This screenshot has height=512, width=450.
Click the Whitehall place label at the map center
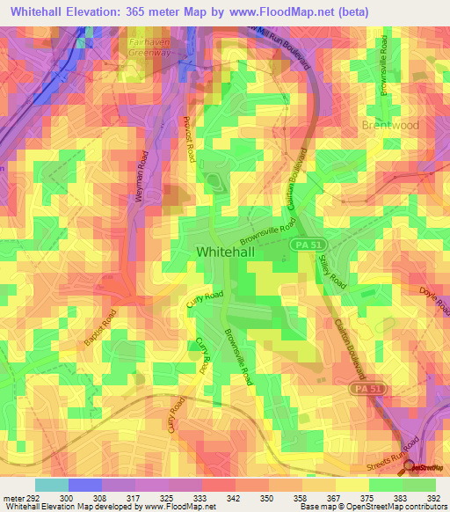point(227,252)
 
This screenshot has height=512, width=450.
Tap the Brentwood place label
point(389,126)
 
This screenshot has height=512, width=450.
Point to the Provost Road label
point(188,138)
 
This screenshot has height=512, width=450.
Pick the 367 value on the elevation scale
point(328,498)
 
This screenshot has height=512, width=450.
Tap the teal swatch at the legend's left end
point(51,485)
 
